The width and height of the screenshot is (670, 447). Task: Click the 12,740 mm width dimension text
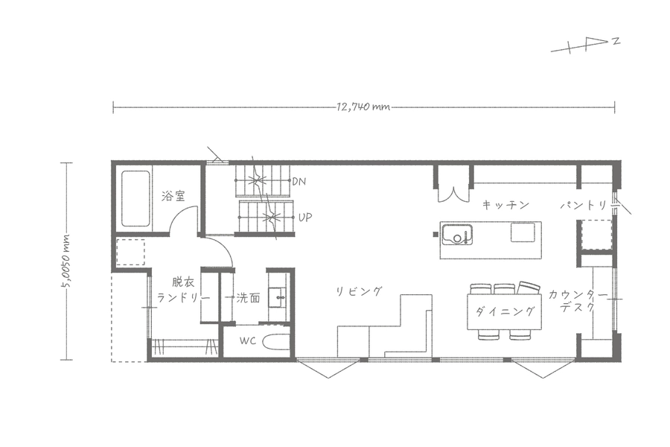363,107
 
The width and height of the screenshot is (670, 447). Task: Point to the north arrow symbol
585,45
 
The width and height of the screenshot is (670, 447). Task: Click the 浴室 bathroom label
173,197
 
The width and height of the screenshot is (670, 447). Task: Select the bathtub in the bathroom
135,199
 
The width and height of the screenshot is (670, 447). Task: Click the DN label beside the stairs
299,181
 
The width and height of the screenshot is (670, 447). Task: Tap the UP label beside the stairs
305,218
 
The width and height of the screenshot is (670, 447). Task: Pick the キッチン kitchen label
506,205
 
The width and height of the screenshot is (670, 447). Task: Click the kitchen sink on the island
457,235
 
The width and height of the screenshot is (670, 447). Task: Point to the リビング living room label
359,292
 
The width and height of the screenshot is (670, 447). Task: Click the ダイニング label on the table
505,311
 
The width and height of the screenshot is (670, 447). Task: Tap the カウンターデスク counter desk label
578,301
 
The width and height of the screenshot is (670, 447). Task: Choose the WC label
248,341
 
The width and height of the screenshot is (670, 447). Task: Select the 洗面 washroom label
248,298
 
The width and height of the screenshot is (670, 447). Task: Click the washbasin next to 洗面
278,297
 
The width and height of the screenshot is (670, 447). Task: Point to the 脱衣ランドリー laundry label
183,291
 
